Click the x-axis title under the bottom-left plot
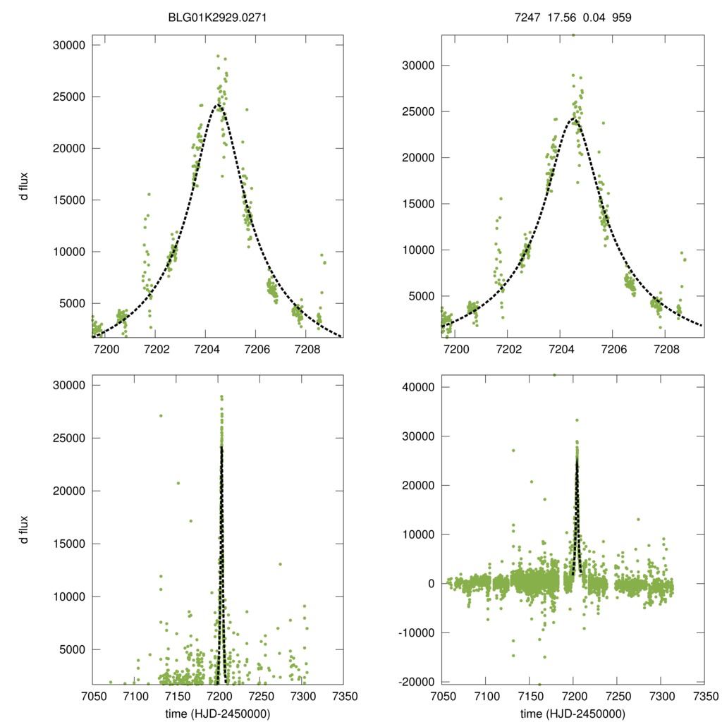[x=217, y=714]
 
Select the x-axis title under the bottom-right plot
[x=573, y=714]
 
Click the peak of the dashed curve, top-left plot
[x=219, y=105]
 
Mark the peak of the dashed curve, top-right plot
[x=576, y=120]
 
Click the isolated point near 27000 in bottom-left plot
[x=161, y=415]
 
